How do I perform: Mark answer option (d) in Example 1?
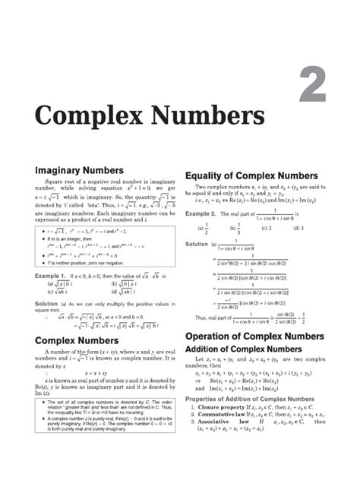tap(123, 291)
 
